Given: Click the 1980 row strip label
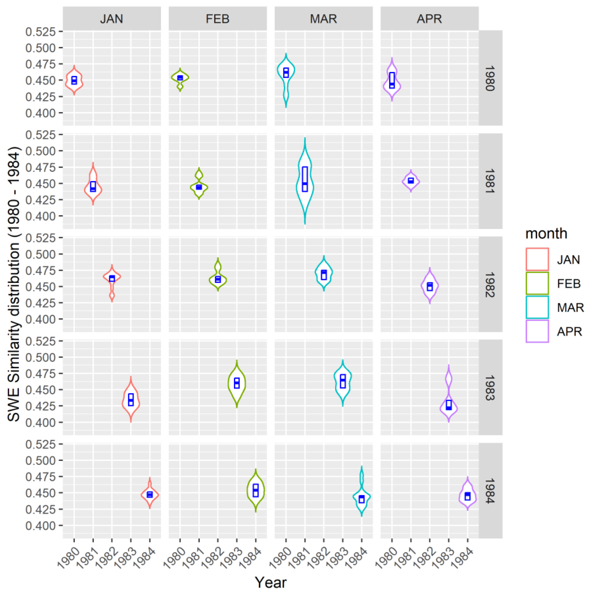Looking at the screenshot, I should click(490, 78).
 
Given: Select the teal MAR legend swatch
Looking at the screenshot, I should click(537, 307).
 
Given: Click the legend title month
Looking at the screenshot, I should click(546, 234).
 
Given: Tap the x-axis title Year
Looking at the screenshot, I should click(270, 582).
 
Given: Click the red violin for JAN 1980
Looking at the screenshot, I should click(74, 81).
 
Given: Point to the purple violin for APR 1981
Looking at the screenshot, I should click(411, 181).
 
